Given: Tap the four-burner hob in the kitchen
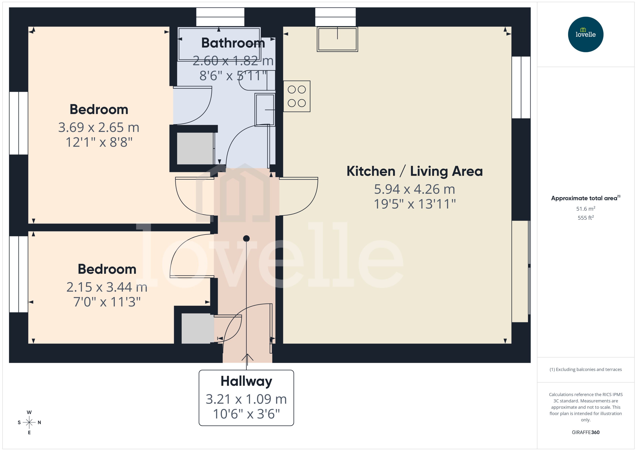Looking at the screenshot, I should point(296,96).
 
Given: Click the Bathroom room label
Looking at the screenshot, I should point(233,43).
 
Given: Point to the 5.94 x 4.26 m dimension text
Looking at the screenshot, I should point(414,189).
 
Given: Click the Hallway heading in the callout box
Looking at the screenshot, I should point(246,381).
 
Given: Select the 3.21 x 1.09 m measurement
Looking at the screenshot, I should point(246,399).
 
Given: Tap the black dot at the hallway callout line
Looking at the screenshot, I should point(246,238).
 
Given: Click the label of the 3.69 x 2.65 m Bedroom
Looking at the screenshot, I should point(99,109).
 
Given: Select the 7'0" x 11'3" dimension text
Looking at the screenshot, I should point(107,302).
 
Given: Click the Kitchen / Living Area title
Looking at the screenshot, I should point(414,171).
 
